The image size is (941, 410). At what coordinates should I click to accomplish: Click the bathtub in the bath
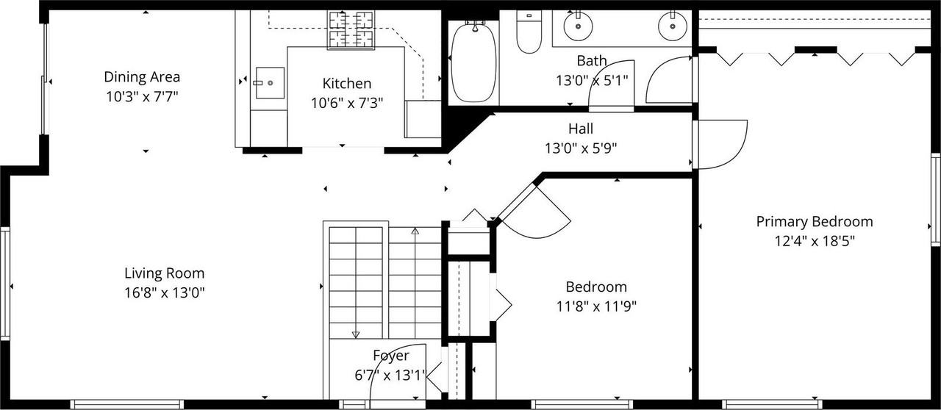(473, 62)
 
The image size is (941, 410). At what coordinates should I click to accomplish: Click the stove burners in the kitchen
(351, 29)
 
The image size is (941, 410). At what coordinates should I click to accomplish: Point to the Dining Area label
(142, 76)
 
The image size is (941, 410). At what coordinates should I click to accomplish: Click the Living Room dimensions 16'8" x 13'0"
(164, 292)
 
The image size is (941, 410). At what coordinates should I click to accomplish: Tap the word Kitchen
(346, 84)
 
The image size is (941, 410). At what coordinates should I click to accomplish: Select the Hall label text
(580, 129)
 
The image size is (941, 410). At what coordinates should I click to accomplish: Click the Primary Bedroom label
(815, 221)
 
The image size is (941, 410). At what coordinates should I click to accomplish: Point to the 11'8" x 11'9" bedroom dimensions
(596, 306)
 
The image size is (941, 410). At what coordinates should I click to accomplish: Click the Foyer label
(390, 356)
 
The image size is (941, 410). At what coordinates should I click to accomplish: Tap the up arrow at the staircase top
(415, 231)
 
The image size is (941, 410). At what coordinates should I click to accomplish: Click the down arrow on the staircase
(356, 334)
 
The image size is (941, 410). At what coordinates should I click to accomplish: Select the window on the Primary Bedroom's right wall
(936, 199)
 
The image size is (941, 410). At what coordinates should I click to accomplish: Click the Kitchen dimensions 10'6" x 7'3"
(346, 103)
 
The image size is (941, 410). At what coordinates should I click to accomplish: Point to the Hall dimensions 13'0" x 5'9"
(580, 148)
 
